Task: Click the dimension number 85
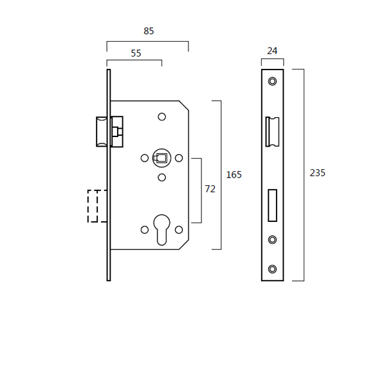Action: [x=149, y=31]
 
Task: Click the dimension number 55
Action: [x=136, y=53]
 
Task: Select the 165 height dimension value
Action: [x=234, y=174]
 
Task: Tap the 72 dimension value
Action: [x=210, y=189]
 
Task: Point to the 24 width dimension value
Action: [x=271, y=50]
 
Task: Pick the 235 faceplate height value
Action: [x=317, y=173]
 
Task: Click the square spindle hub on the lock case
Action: [x=161, y=158]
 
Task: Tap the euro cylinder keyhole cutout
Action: [x=161, y=228]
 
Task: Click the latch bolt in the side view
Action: [x=102, y=132]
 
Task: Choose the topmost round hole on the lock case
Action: [x=161, y=116]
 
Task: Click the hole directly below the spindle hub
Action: [x=161, y=177]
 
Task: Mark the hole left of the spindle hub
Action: [x=145, y=158]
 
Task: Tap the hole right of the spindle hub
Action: [x=179, y=158]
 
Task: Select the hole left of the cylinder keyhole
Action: [x=145, y=230]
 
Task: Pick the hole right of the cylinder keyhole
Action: [x=179, y=230]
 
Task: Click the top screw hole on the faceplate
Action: [x=272, y=81]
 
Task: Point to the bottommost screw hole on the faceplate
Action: [x=272, y=268]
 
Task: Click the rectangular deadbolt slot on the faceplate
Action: [x=272, y=205]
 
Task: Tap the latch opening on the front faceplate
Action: [x=271, y=132]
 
